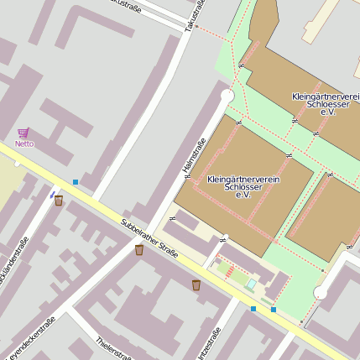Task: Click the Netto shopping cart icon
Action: (23, 133)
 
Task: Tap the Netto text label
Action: (24, 143)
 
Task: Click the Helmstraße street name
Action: (195, 156)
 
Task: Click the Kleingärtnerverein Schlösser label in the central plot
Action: (243, 186)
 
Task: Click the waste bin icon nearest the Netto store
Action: (59, 201)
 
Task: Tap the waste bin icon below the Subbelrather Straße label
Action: (139, 250)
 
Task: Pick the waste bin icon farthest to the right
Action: (196, 285)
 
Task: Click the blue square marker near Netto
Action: (76, 181)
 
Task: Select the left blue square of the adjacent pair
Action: (254, 309)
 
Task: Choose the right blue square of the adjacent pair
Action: (274, 310)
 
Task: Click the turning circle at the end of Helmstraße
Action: (227, 97)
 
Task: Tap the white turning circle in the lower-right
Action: (320, 293)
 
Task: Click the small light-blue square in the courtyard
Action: (251, 285)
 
